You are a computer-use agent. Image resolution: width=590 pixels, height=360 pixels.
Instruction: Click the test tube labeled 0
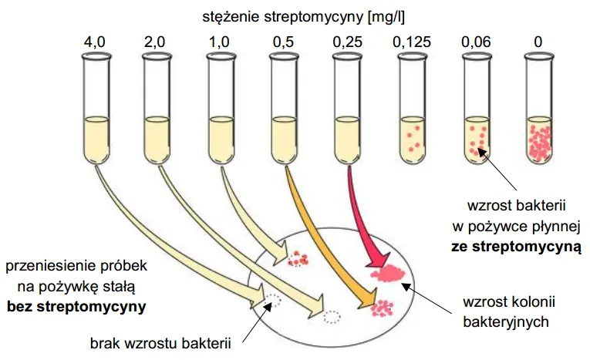[x=537, y=108]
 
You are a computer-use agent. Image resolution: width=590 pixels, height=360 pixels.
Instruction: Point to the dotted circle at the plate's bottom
[x=332, y=316]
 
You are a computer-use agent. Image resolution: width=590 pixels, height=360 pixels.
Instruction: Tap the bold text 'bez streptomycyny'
[x=76, y=306]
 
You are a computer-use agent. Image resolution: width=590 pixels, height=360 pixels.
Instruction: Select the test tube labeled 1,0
[x=221, y=108]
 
